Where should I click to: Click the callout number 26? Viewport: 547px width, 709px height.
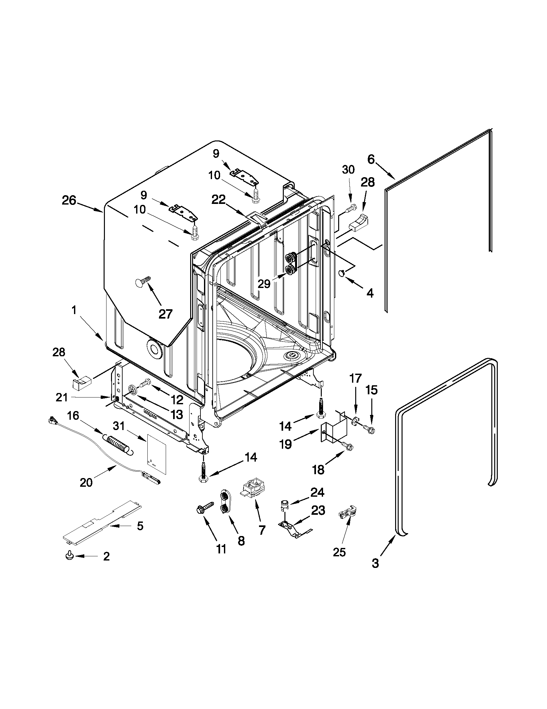coord(69,201)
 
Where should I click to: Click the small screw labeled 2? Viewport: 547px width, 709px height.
coord(69,556)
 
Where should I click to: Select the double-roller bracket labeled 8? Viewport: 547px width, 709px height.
coord(224,502)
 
